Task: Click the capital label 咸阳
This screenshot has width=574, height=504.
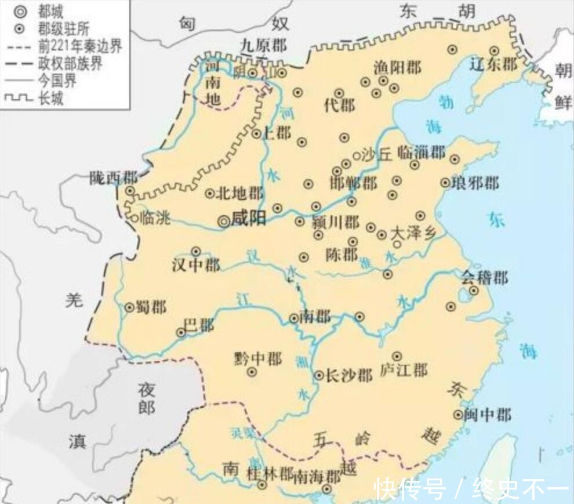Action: pos(249,219)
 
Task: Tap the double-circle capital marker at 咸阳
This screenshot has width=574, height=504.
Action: pos(224,220)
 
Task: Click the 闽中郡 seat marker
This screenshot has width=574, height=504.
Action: pos(458,414)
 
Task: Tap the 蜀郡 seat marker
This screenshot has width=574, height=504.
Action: pos(129,307)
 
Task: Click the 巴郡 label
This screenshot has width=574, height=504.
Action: pos(199,325)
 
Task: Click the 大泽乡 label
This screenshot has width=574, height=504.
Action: pos(413,233)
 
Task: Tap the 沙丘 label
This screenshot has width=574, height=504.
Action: pos(377,154)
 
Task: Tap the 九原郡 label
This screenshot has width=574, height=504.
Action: pos(263,45)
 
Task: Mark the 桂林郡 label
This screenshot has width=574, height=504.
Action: pos(270,474)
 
